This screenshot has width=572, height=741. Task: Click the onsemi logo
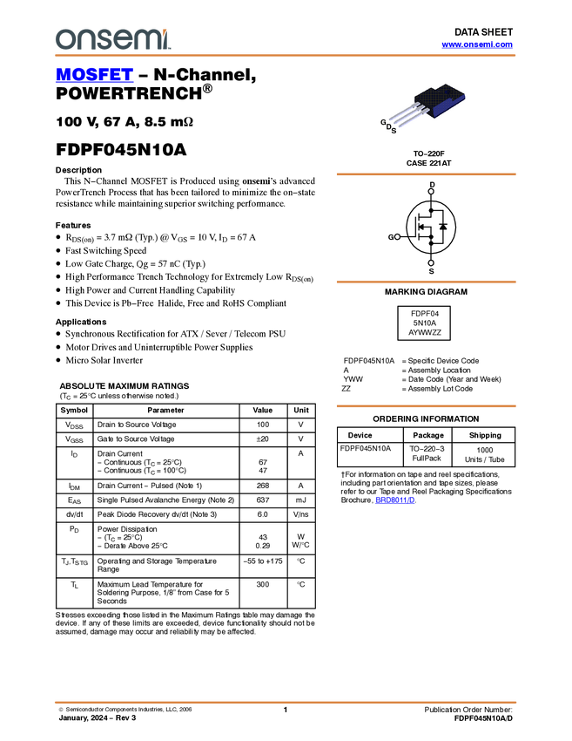[x=112, y=39]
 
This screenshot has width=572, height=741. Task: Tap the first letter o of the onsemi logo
[x=64, y=40]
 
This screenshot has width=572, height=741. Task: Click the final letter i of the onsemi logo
[x=167, y=39]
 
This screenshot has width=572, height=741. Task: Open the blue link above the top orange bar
[x=477, y=44]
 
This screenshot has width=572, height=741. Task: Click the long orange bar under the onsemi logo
[x=285, y=56]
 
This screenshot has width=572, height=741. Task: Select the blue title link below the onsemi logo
[x=94, y=75]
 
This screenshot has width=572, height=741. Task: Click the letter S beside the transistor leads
[x=394, y=131]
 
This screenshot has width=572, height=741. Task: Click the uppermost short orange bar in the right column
[x=426, y=174]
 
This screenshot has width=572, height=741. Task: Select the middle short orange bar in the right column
[x=426, y=282]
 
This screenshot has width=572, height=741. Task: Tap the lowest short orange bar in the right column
[x=426, y=406]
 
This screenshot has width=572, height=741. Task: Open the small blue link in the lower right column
[x=395, y=500]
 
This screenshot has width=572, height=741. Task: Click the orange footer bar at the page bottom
[x=285, y=702]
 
